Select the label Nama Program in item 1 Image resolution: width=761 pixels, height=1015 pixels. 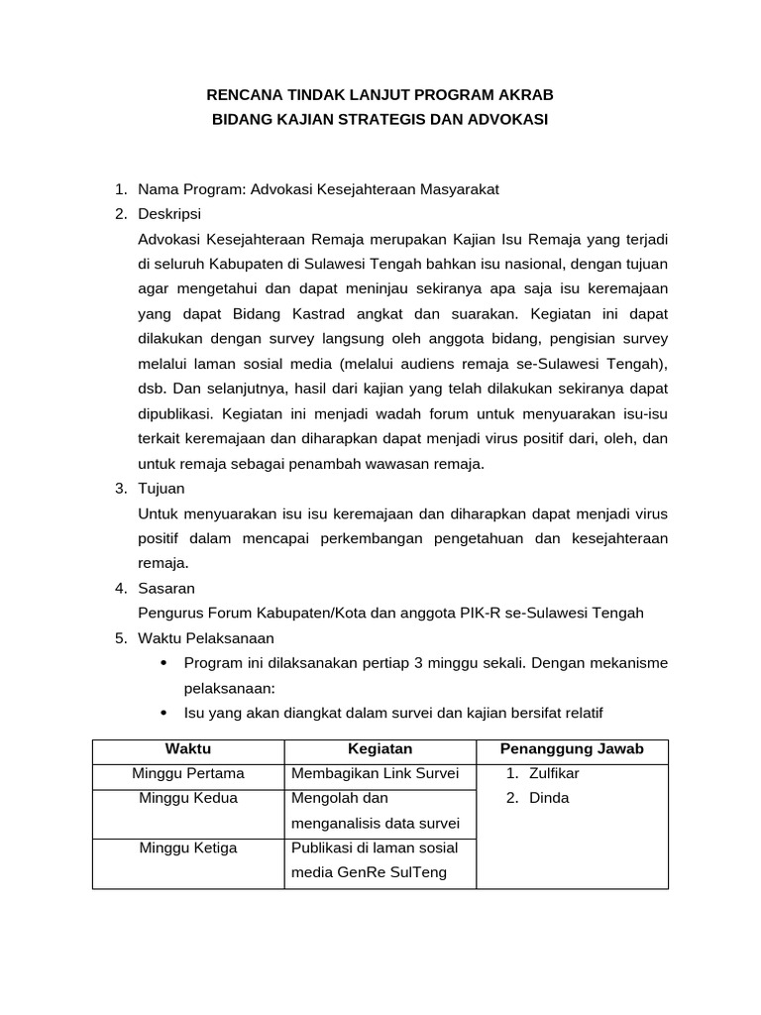tap(191, 188)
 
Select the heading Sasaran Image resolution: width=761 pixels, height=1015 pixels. tap(166, 588)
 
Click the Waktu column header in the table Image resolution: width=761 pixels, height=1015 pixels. tap(188, 749)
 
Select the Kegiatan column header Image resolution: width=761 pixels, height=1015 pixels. tap(380, 749)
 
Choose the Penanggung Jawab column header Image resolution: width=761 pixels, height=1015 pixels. tap(572, 749)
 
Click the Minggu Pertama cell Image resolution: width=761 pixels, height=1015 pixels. tap(188, 773)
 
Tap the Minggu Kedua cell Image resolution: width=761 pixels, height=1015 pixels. tap(188, 798)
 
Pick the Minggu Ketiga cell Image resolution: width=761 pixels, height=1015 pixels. tap(188, 847)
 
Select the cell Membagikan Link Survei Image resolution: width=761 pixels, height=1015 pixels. tap(375, 773)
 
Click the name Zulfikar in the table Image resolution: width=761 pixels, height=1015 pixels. tap(555, 773)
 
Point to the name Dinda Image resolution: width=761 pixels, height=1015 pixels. tap(549, 798)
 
